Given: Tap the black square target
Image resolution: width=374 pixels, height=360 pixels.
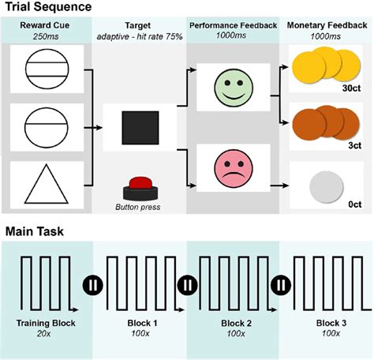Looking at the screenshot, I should coord(139,128).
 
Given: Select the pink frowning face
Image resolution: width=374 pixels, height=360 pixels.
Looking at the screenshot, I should coord(234,167).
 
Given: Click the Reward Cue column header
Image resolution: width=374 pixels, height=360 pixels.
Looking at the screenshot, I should coord(47,26).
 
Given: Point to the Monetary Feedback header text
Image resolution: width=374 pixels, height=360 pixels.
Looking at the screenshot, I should coord(325,26).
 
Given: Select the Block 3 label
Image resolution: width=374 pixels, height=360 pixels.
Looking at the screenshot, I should coord(327,324).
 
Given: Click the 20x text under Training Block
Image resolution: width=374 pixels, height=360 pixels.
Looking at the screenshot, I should coord(47,335).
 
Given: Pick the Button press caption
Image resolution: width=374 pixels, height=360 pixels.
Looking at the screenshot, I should coord(139,207).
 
